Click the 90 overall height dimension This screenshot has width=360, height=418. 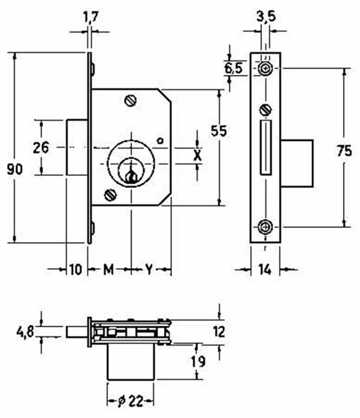tap(15, 169)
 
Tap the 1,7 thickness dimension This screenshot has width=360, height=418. tap(91, 18)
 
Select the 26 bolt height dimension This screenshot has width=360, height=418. tap(41, 147)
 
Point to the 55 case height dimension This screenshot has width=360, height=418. tap(219, 131)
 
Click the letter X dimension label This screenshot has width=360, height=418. tap(197, 155)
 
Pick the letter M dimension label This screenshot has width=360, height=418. tap(108, 270)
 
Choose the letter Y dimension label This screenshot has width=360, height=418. tap(149, 270)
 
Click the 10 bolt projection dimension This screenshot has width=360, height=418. tap(76, 270)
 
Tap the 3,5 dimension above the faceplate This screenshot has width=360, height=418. tap(266, 17)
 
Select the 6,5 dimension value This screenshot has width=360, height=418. tap(233, 68)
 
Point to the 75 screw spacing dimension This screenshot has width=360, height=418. tap(344, 151)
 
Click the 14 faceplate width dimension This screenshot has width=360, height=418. tap(265, 270)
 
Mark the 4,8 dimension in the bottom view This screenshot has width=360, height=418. tap(25, 332)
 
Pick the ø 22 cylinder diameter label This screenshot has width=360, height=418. tap(130, 401)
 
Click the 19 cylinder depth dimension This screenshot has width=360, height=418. tap(198, 362)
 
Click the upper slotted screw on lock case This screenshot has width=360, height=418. tap(131, 100)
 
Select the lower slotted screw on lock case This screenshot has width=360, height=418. tap(110, 195)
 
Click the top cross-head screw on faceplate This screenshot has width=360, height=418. tap(265, 69)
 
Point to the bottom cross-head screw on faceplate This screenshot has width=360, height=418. tap(265, 227)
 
